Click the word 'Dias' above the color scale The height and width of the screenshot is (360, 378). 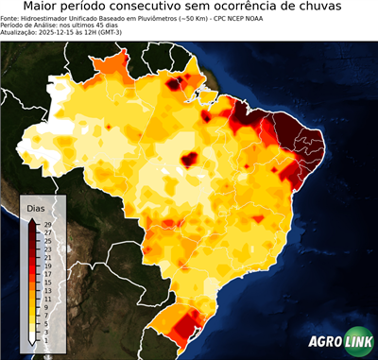tap(36, 207)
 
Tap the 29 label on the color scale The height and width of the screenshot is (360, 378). tap(46, 224)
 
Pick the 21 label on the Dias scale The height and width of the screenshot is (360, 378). tap(46, 257)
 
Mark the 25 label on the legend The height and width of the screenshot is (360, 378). tap(46, 240)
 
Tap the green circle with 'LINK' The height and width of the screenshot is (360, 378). tap(356, 342)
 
